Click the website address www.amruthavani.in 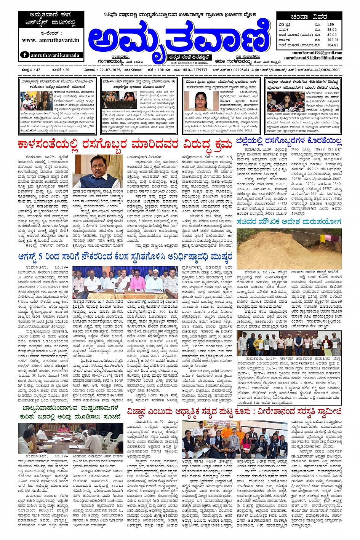point(50,40)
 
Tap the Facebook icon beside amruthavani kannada point(25,55)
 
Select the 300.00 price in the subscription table point(332,40)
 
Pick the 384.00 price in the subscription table point(332,45)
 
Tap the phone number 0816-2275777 point(194,70)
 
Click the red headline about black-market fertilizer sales point(125,145)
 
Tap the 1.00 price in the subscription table point(331,25)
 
